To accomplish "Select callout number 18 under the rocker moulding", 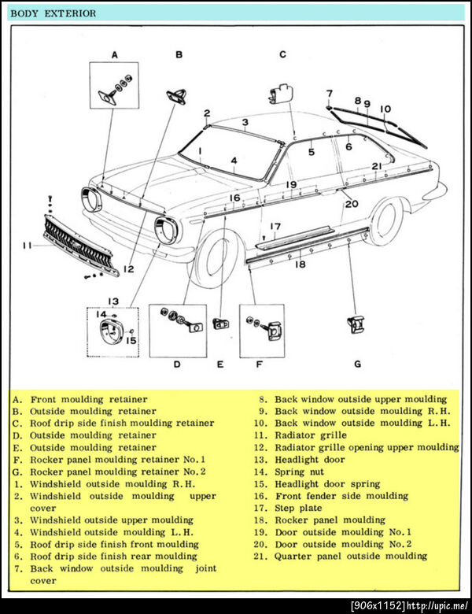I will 300,265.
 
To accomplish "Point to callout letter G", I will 357,364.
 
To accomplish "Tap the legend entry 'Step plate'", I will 298,508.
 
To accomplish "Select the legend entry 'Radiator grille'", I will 310,435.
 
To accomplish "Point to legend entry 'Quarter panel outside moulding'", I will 351,556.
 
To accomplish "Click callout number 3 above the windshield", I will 245,122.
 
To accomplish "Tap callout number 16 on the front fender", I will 234,198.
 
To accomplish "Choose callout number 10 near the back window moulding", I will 385,109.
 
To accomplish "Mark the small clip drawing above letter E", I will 220,324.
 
